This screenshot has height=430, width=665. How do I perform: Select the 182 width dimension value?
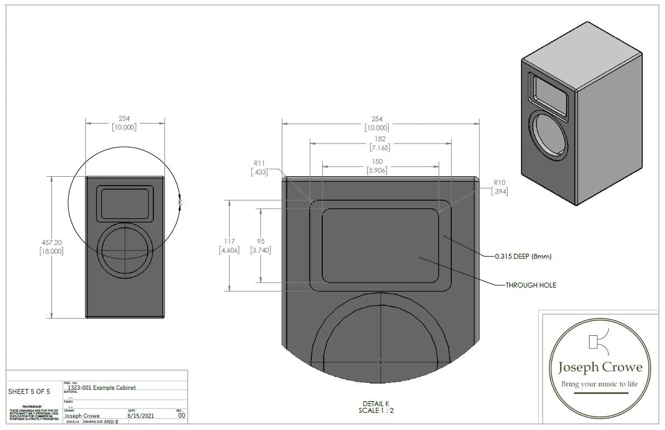[x=380, y=139]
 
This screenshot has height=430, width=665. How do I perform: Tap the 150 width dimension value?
[x=377, y=161]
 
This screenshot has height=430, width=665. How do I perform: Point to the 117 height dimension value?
[x=229, y=241]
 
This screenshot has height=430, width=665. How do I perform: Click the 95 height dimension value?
[x=260, y=241]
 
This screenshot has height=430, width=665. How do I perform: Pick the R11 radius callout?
[x=259, y=163]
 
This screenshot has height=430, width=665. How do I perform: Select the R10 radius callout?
[x=499, y=183]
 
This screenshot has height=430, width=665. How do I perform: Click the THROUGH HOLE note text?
[x=530, y=285]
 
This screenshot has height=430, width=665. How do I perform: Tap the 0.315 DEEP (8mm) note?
[x=523, y=257]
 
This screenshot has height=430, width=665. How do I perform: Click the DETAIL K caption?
[x=376, y=403]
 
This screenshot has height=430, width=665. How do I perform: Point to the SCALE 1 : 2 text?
[x=376, y=411]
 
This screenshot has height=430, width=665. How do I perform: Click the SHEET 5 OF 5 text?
[x=29, y=392]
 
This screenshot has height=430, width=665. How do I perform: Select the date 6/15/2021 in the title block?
[x=139, y=415]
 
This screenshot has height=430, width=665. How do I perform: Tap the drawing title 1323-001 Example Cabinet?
[x=101, y=387]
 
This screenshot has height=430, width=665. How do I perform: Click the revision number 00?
[x=181, y=415]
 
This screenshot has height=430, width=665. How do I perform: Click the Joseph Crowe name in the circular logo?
[x=600, y=367]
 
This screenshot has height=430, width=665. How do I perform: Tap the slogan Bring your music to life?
[x=600, y=384]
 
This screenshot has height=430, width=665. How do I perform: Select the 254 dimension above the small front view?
[x=125, y=119]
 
